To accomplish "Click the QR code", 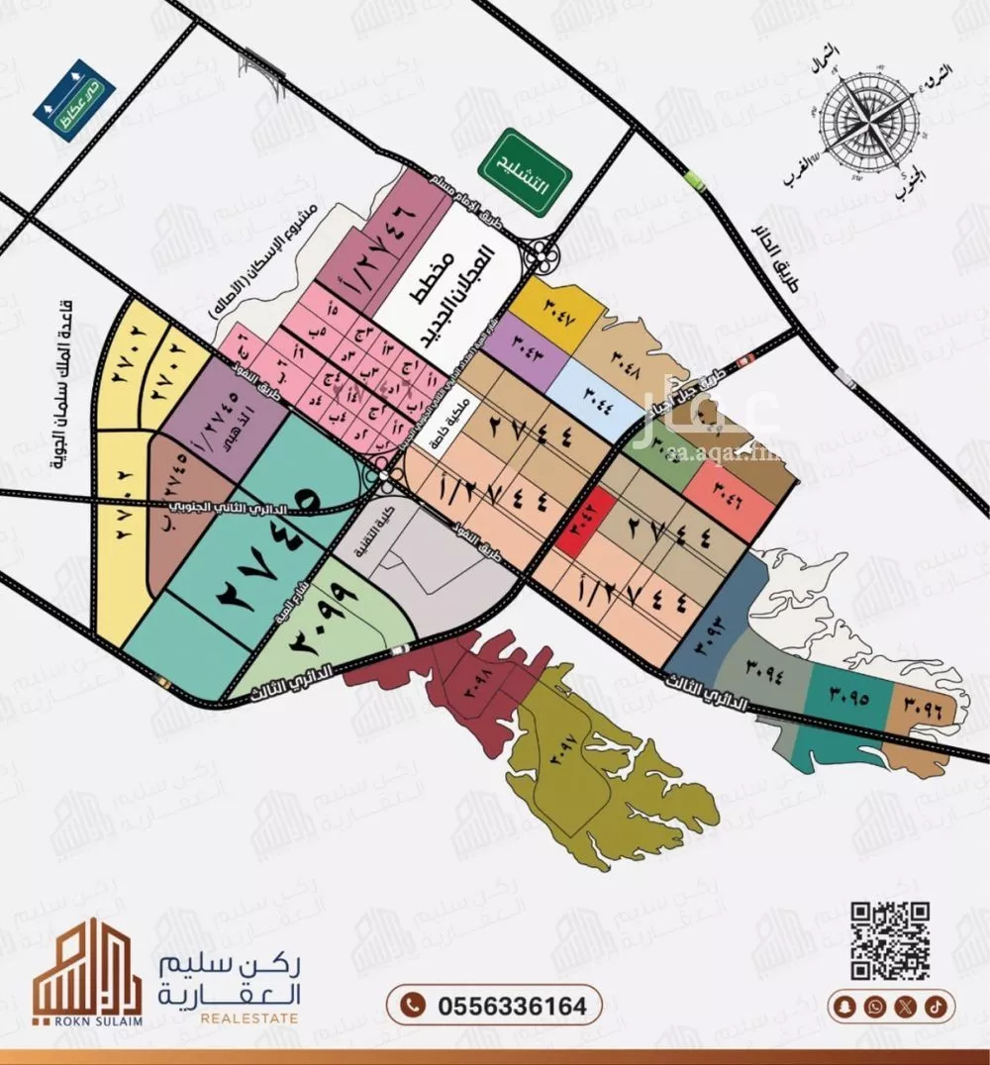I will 889,940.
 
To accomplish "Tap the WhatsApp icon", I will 874,1006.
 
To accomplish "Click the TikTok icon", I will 936,1006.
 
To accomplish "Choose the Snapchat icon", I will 843,1006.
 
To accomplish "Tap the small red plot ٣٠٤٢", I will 575,521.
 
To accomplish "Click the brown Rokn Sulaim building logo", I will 74,970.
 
